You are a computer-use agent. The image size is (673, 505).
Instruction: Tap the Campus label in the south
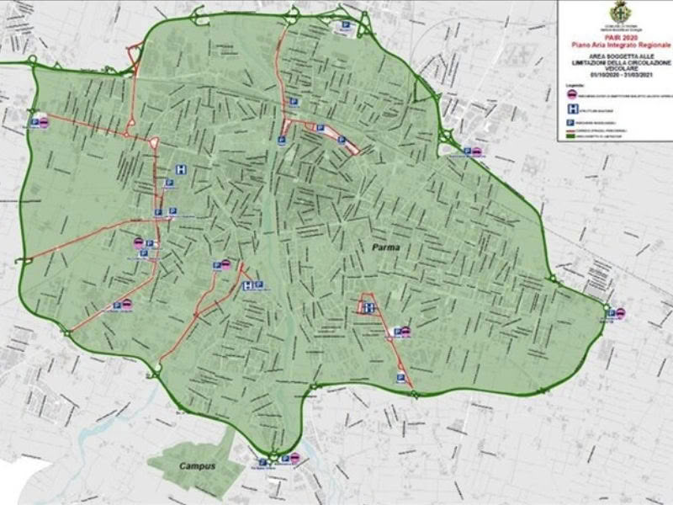click(x=195, y=466)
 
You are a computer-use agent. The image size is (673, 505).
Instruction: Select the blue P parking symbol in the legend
click(x=572, y=124)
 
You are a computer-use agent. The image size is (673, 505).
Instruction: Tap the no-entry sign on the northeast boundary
click(x=477, y=152)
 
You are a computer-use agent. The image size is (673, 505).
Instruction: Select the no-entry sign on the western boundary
click(x=46, y=122)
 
